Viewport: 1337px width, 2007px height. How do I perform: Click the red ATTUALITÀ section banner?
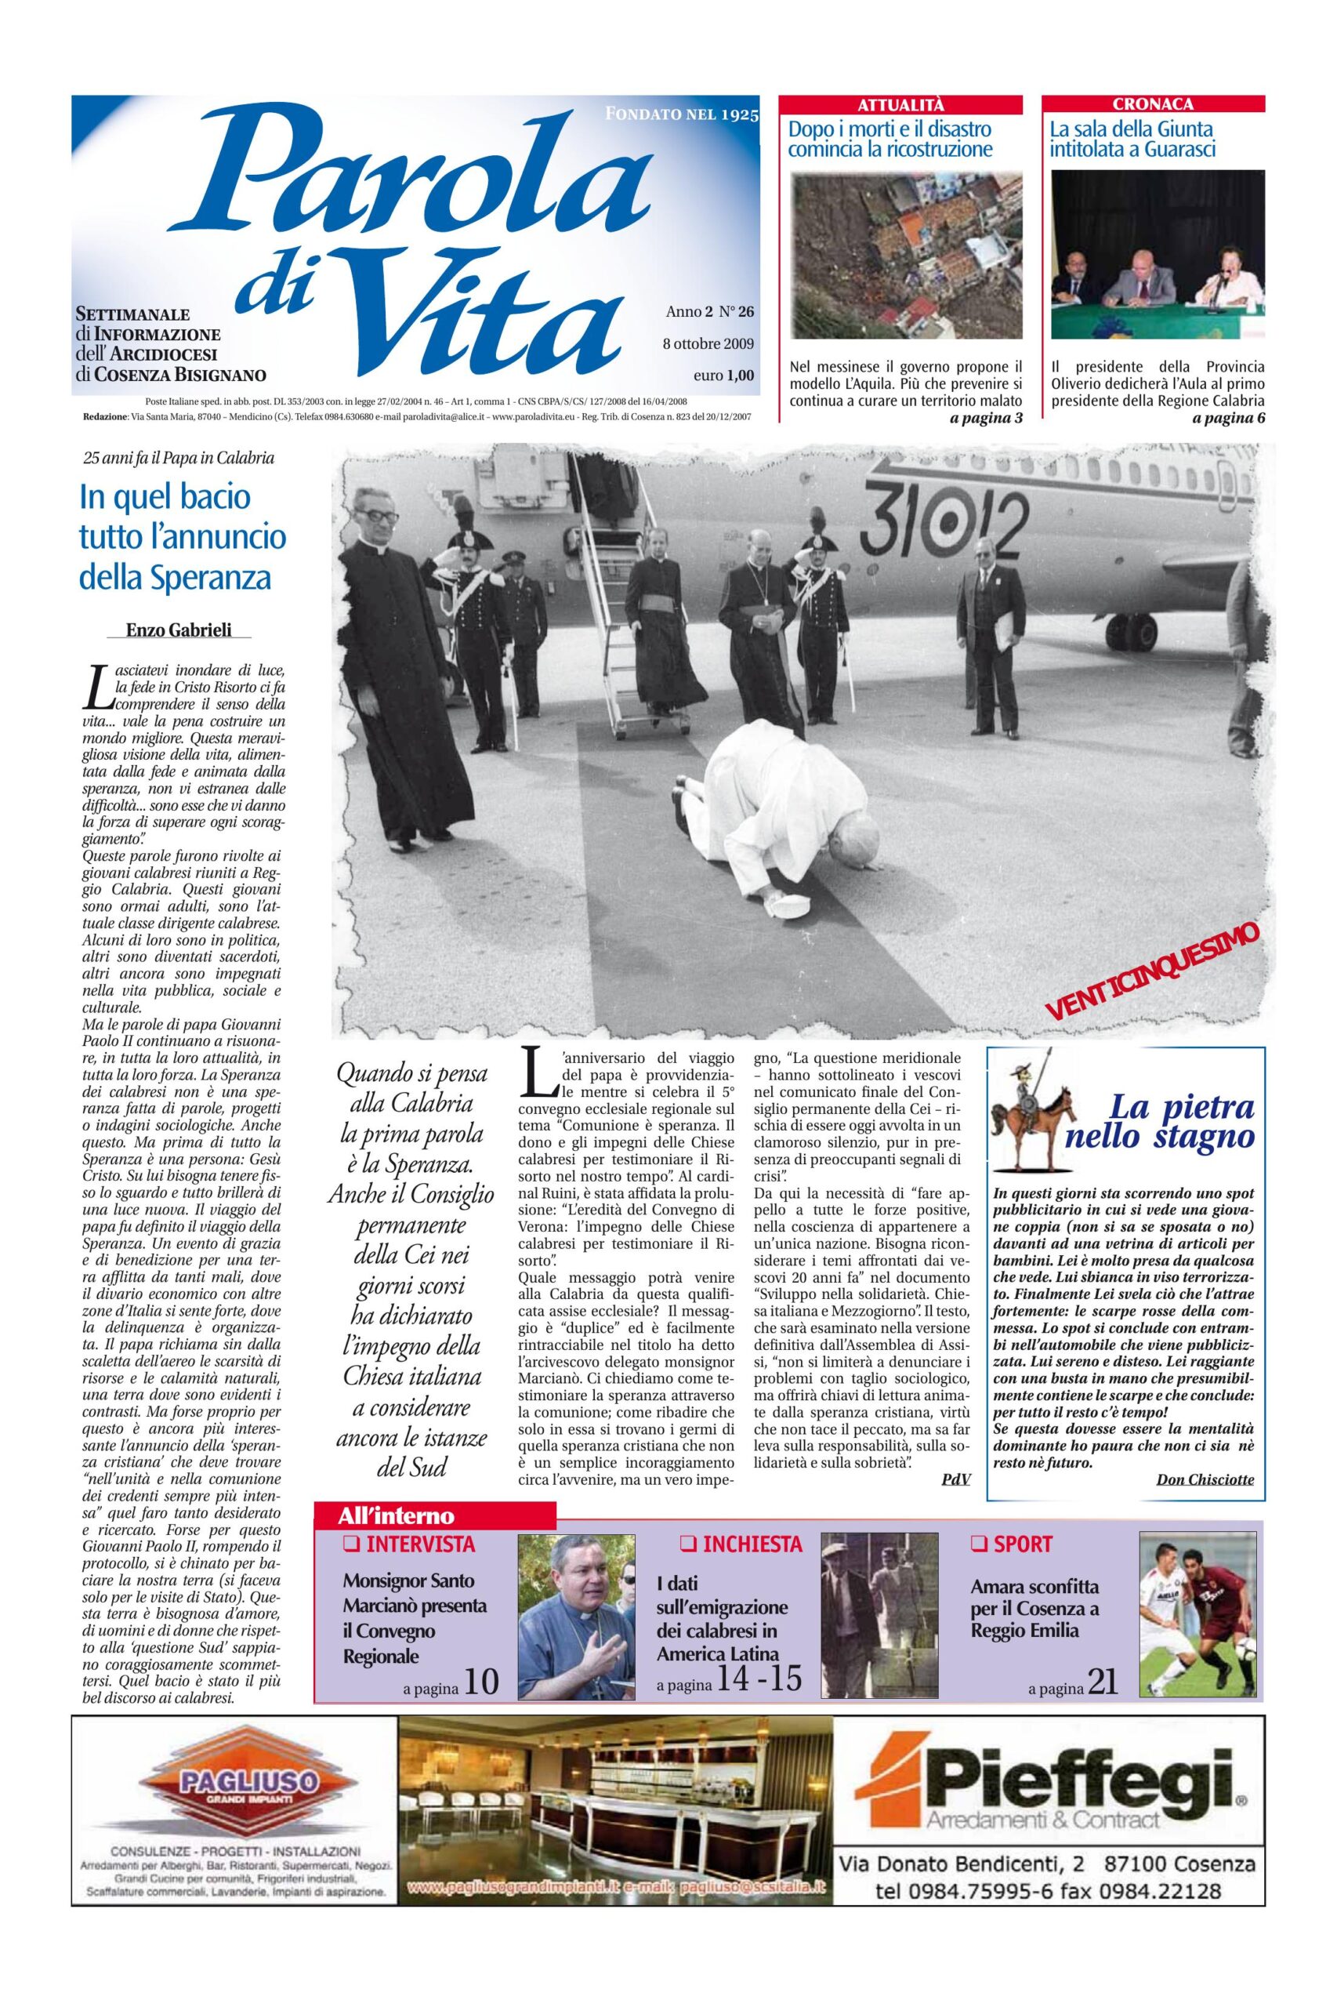pos(901,105)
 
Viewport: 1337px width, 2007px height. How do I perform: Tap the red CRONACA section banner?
pos(1153,105)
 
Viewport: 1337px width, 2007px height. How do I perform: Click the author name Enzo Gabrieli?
pos(178,630)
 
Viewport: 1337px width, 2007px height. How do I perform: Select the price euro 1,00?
pos(724,375)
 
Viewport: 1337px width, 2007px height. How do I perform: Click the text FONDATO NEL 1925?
pos(680,114)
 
